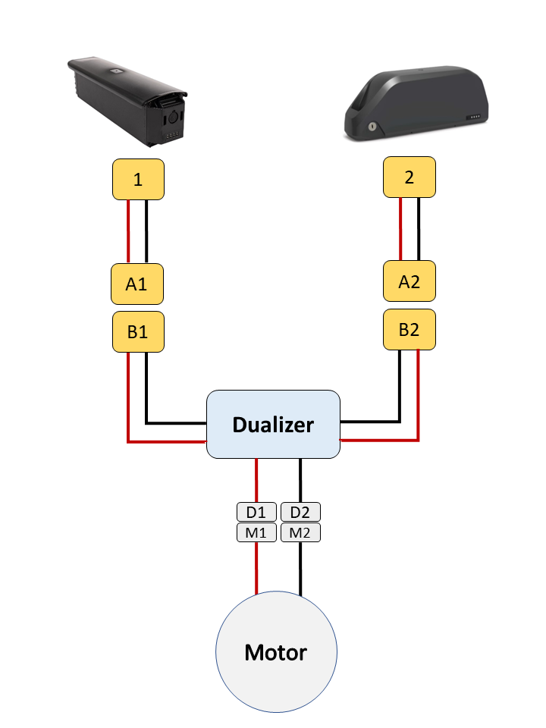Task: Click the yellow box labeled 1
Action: tap(137, 180)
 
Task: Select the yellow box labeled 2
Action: tap(409, 177)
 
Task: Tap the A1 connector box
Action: tap(137, 284)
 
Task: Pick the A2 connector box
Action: tap(409, 282)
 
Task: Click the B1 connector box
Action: tap(137, 331)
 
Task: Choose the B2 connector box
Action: tap(409, 329)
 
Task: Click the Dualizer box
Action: tap(273, 424)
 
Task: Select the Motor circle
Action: tap(276, 651)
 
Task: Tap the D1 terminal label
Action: tap(256, 512)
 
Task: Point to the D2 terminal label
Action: tap(300, 512)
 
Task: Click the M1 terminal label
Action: tap(256, 532)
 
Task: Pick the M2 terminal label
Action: tap(300, 532)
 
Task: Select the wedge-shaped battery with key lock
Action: tap(413, 106)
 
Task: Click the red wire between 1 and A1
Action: tap(129, 231)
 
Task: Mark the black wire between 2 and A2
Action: tap(418, 230)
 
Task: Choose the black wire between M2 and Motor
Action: tap(300, 569)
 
